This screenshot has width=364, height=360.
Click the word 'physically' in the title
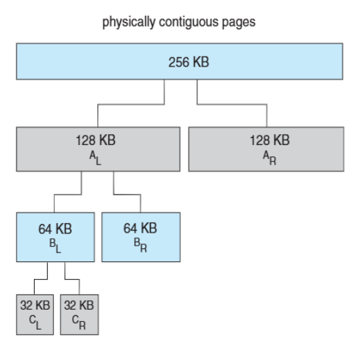point(129,22)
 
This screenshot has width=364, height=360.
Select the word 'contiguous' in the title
point(188,22)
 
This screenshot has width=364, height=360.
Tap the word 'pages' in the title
point(239,23)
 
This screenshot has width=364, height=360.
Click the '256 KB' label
point(188,62)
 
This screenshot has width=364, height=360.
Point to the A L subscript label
point(95,158)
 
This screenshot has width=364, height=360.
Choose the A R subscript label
point(269,158)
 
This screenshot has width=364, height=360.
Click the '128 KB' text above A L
point(96,140)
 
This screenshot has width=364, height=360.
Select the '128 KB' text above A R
point(269,140)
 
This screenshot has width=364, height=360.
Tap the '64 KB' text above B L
point(55,229)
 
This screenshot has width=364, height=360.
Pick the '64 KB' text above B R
point(140,228)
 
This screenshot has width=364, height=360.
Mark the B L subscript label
point(55,246)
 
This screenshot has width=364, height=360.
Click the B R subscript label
point(140,245)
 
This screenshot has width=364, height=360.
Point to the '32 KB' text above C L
point(35,305)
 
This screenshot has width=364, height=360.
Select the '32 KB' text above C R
point(79,305)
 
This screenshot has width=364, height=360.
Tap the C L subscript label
point(35,322)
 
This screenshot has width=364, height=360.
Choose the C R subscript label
point(79,322)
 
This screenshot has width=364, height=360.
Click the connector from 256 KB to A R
point(232,104)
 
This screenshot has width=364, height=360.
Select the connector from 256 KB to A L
point(131,104)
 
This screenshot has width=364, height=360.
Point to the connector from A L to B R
point(127,194)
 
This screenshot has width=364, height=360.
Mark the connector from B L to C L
point(41,279)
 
